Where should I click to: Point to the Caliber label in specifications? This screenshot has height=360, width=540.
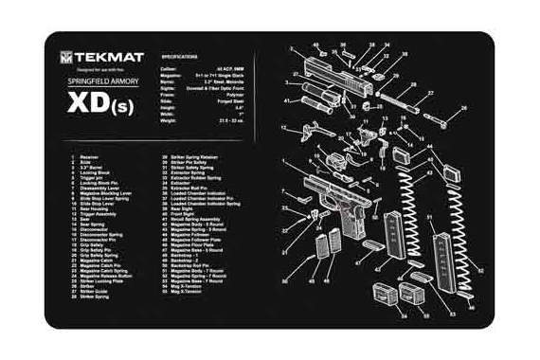tap(169, 69)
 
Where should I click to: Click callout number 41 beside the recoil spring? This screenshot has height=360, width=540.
tap(287, 99)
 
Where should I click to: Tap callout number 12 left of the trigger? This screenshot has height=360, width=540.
tap(284, 127)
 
